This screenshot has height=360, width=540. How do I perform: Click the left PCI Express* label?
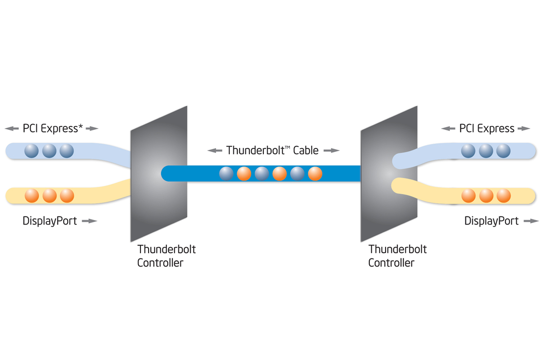click(52, 128)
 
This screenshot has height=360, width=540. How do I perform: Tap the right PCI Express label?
click(486, 128)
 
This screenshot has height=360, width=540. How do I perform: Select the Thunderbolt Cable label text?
click(273, 150)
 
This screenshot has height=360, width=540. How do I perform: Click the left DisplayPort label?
click(49, 221)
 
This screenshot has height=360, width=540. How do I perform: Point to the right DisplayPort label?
click(491, 221)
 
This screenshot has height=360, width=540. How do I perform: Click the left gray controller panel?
click(158, 173)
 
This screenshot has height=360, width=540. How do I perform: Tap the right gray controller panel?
click(389, 173)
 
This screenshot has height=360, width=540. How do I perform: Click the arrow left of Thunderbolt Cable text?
click(215, 150)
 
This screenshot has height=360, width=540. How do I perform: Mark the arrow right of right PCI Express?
click(523, 129)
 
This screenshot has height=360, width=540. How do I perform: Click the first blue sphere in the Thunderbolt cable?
click(226, 173)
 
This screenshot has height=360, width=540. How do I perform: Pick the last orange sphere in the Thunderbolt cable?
click(315, 173)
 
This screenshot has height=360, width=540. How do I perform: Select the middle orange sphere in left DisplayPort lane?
click(49, 196)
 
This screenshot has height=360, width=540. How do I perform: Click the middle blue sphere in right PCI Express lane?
click(486, 151)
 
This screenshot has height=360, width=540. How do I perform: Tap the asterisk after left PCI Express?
click(81, 126)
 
